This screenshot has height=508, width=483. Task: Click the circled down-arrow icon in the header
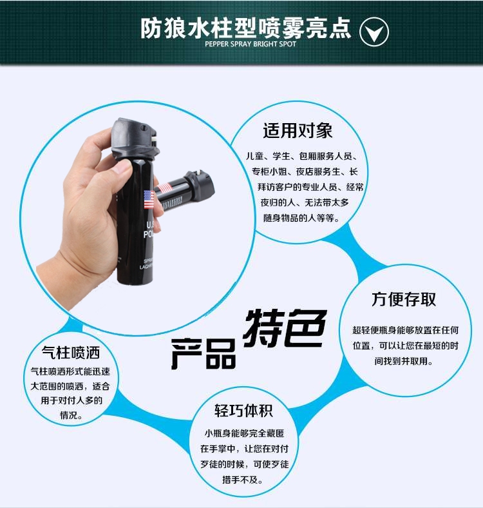374,32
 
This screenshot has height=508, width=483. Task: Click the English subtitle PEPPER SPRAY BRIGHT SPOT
251,44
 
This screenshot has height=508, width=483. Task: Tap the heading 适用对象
298,131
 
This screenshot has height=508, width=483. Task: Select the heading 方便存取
404,299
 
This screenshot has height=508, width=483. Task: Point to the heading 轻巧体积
243,411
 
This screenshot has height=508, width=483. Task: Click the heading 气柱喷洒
71,353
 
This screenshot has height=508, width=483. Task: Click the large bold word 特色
285,328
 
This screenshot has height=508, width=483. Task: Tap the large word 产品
204,354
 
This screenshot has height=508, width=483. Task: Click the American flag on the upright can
149,200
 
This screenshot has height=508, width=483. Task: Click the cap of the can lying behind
200,184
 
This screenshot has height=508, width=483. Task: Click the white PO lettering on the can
147,234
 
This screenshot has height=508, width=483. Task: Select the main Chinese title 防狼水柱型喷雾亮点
246,28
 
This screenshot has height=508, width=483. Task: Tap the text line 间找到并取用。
404,361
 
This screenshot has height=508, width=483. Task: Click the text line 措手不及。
243,480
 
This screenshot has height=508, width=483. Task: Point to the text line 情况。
71,415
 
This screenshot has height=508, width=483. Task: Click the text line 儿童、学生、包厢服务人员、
302,156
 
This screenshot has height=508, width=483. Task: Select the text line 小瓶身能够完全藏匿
244,433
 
